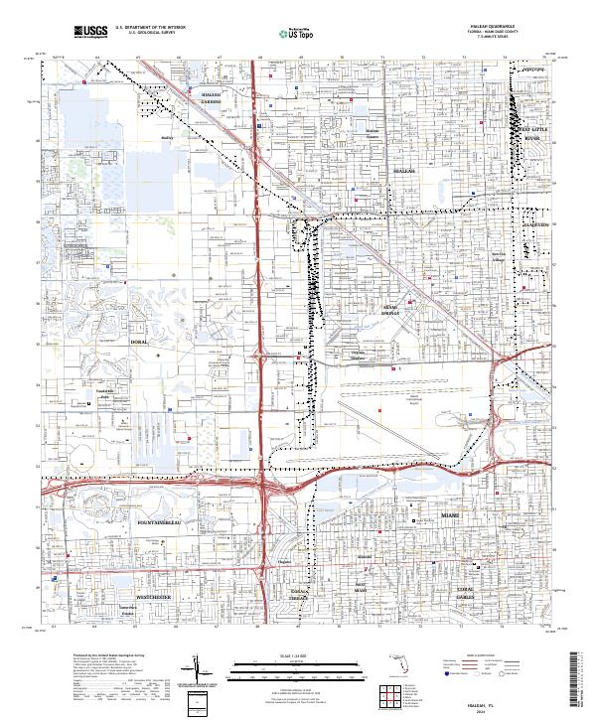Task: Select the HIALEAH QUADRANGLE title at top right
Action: click(507, 26)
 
